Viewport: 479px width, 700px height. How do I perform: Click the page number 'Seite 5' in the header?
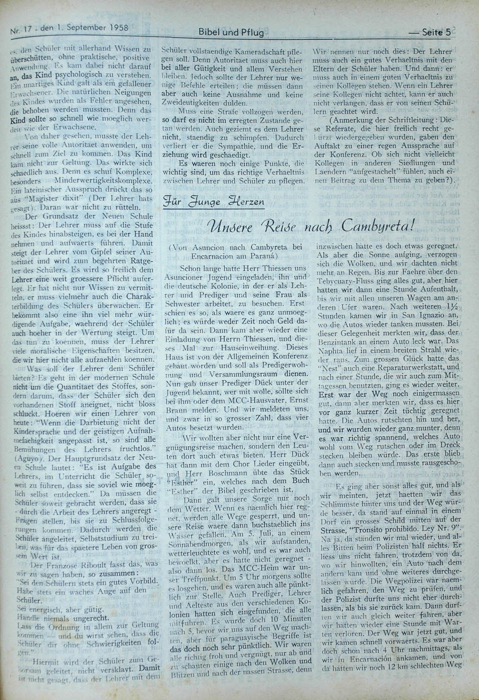click(436, 32)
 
